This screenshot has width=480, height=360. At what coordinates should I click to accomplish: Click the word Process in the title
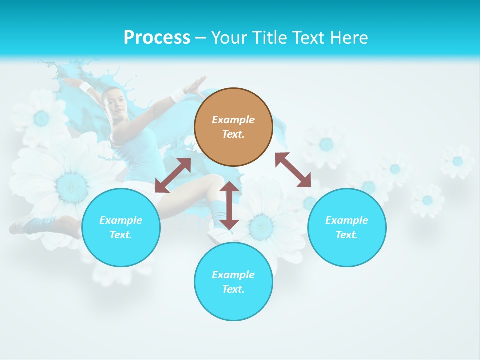157,38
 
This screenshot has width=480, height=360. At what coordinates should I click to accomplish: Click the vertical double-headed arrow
229,205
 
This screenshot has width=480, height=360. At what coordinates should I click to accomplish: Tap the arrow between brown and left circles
173,175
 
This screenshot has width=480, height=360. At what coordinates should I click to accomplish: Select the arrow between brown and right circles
293,170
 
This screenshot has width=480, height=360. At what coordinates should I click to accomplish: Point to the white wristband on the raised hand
178,94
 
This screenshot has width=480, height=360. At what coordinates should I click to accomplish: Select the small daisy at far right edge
457,161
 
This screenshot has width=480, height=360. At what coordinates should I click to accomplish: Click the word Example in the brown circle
233,120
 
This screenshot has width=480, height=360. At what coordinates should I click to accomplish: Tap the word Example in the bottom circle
233,275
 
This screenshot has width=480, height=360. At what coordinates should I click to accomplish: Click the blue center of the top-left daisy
42,118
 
